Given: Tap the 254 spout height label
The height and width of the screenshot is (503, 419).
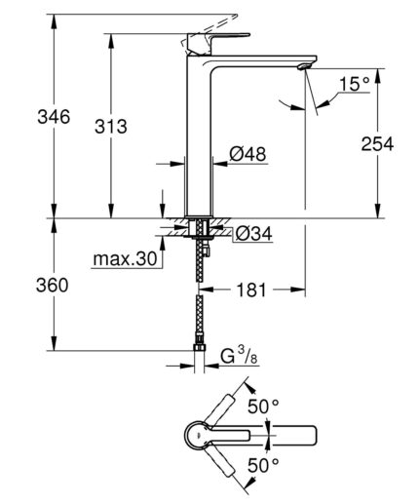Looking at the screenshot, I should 375,144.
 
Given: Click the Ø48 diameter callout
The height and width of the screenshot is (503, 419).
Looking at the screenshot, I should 248,153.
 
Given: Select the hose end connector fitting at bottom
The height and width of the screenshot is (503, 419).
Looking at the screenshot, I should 201,352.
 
